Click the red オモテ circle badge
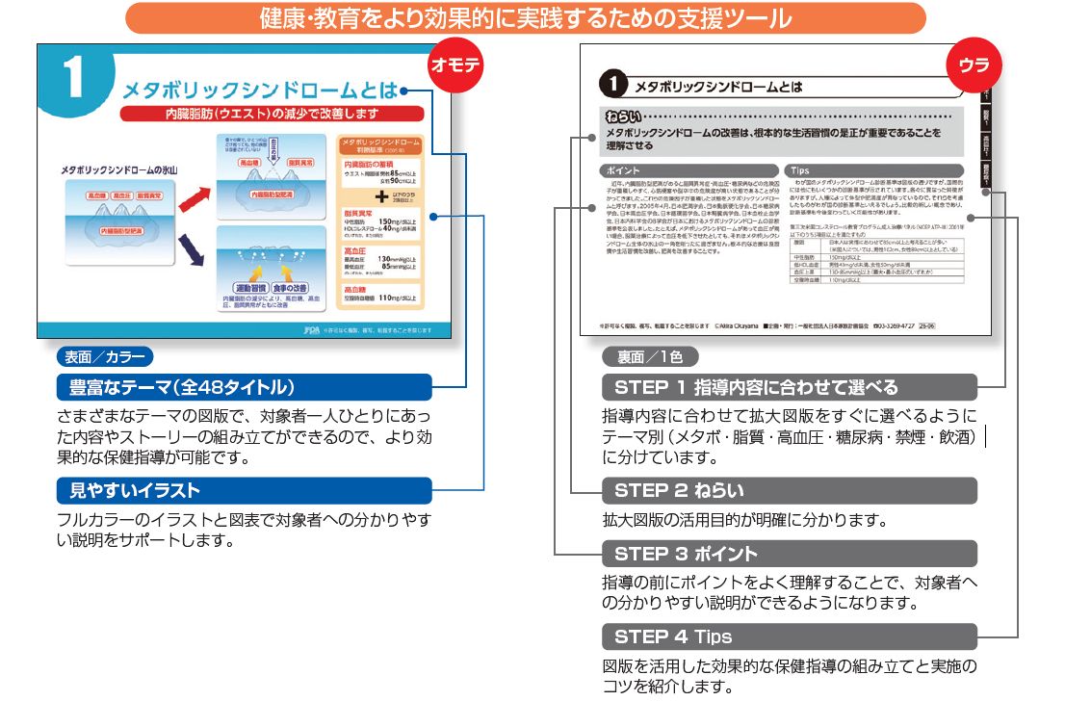click(x=454, y=66)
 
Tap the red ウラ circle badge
click(x=974, y=66)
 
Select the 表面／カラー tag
click(x=104, y=357)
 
